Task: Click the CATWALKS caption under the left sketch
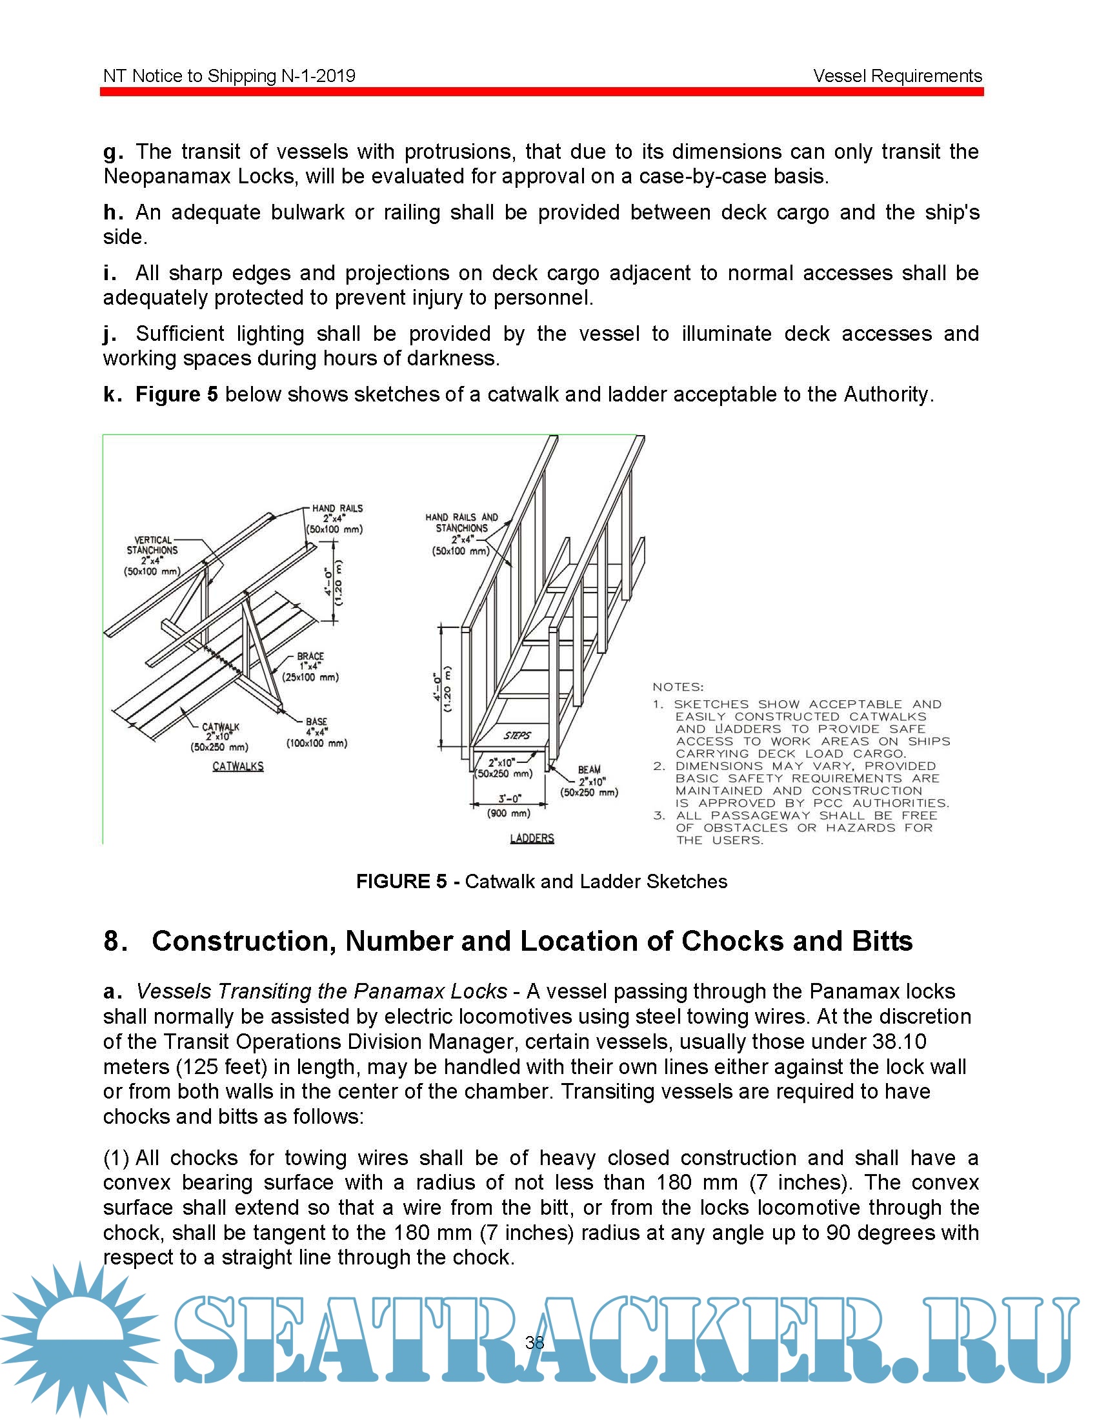[238, 767]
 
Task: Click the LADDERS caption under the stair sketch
[532, 838]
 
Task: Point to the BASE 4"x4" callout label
[316, 732]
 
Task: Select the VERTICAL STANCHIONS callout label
[152, 555]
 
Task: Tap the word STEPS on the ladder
[518, 735]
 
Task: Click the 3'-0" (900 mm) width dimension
[508, 805]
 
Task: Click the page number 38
[535, 1342]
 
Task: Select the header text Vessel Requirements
[897, 76]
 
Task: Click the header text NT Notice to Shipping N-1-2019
[230, 76]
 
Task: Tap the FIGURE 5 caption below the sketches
[541, 881]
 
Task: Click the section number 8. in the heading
[115, 941]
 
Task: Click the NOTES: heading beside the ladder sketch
[678, 687]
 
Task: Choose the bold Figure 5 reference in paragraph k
[177, 394]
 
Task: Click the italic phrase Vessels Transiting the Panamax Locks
[322, 991]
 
